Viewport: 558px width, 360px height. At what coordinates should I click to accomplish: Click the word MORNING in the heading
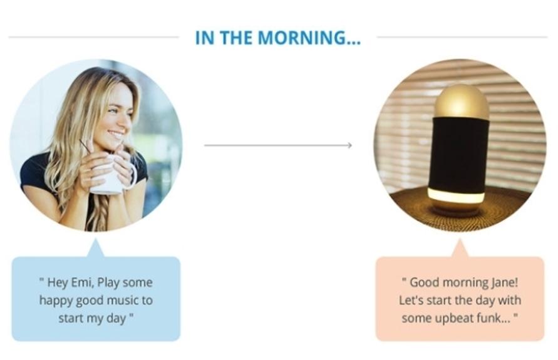pos(309,38)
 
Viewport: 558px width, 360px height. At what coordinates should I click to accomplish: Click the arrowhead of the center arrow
pos(349,145)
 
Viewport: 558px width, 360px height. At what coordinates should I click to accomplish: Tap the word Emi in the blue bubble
pos(82,282)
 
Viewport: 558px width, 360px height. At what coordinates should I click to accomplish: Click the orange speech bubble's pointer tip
pos(460,239)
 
